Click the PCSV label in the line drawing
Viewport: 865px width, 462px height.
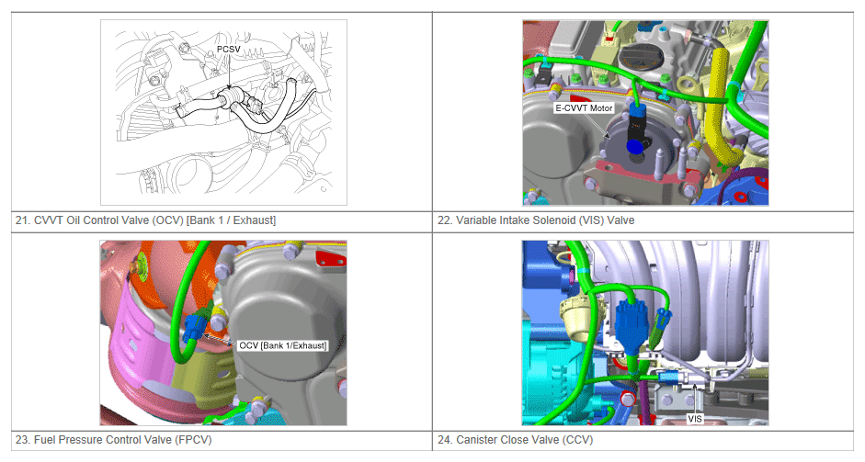pos(228,50)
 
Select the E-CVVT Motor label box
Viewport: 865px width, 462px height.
pos(584,108)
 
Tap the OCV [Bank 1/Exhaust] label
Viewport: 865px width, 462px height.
pos(282,345)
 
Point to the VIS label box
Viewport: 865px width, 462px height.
pos(695,419)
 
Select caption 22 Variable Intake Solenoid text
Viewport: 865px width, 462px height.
pos(536,220)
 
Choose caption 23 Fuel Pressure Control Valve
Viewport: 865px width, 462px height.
pos(114,440)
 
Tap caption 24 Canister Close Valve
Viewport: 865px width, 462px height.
pos(516,440)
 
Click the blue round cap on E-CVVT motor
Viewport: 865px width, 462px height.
pos(634,147)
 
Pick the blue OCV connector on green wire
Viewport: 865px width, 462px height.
pos(194,328)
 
